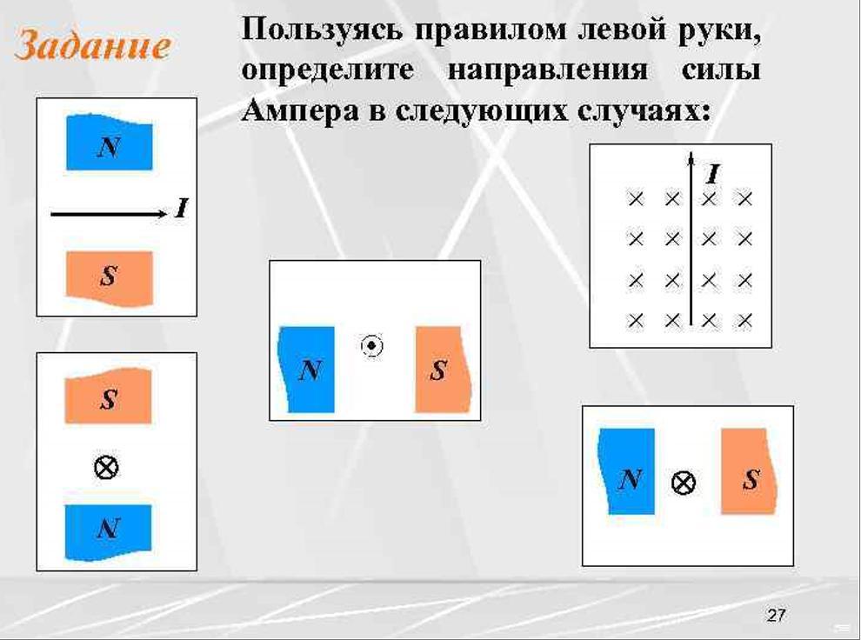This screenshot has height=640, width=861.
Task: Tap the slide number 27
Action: click(x=776, y=615)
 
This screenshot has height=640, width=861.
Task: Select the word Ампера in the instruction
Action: click(x=300, y=112)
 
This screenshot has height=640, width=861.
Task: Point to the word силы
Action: click(x=721, y=70)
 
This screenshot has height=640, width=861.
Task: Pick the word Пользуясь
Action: click(x=321, y=30)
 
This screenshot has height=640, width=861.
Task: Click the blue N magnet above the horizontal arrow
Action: click(x=110, y=142)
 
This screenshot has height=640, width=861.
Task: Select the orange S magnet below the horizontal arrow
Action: click(x=110, y=278)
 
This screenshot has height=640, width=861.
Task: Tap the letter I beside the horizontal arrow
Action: click(x=182, y=209)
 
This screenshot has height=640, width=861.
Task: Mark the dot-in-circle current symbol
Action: click(x=371, y=346)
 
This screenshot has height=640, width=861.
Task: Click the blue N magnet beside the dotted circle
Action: click(x=306, y=370)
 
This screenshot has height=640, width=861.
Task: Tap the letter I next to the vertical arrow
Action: click(x=713, y=175)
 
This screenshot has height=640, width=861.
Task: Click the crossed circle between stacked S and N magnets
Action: click(x=106, y=468)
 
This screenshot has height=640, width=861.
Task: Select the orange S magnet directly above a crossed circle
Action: click(x=108, y=396)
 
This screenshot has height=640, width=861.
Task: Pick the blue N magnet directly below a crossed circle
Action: click(x=108, y=532)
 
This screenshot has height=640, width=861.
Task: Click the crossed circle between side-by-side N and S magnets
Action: click(x=684, y=483)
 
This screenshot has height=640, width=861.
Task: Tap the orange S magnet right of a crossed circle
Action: click(x=749, y=471)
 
